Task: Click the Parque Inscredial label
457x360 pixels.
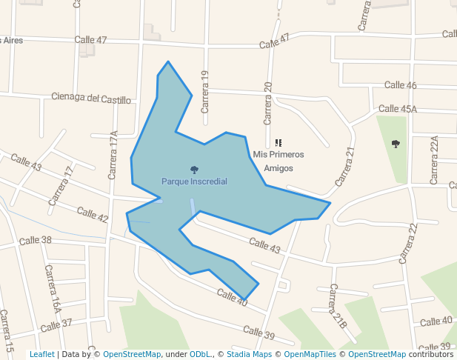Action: pyautogui.click(x=194, y=181)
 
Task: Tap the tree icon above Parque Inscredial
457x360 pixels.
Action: pyautogui.click(x=194, y=170)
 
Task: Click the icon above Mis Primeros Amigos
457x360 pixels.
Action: pyautogui.click(x=278, y=142)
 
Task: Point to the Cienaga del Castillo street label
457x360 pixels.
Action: pyautogui.click(x=91, y=98)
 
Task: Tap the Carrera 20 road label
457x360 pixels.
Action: pyautogui.click(x=269, y=104)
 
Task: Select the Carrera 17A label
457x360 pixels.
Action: pyautogui.click(x=113, y=155)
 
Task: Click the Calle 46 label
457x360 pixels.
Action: pyautogui.click(x=400, y=85)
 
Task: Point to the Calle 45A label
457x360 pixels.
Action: pyautogui.click(x=398, y=109)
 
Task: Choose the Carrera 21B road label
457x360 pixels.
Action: pyautogui.click(x=338, y=306)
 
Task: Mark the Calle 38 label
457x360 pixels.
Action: pyautogui.click(x=36, y=240)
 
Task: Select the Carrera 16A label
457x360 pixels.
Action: pyautogui.click(x=52, y=288)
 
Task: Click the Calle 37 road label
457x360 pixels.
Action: pyautogui.click(x=56, y=324)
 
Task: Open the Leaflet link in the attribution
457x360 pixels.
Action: pyautogui.click(x=41, y=354)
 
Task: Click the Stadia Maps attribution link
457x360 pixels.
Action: pyautogui.click(x=249, y=354)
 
